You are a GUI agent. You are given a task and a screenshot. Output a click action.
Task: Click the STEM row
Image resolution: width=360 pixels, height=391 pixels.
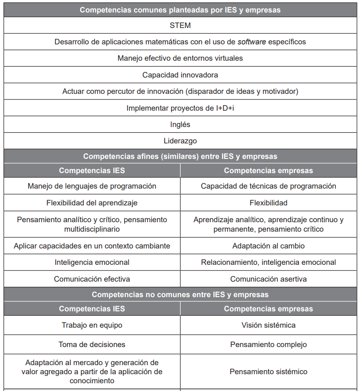pyautogui.click(x=180, y=25)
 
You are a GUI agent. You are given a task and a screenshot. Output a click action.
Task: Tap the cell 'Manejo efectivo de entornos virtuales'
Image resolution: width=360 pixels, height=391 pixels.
pyautogui.click(x=180, y=58)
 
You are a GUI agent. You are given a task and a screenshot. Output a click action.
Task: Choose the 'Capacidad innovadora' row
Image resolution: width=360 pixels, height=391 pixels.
pyautogui.click(x=180, y=75)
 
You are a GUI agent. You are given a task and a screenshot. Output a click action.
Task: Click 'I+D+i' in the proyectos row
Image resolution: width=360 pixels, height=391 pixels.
pyautogui.click(x=225, y=108)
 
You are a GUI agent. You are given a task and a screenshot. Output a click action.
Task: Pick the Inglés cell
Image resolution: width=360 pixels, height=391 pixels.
pyautogui.click(x=180, y=124)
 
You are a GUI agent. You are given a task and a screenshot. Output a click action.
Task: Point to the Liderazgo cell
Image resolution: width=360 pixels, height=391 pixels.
pyautogui.click(x=180, y=141)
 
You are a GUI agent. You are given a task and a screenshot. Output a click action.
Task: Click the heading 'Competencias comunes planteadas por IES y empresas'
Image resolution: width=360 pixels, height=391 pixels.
pyautogui.click(x=180, y=10)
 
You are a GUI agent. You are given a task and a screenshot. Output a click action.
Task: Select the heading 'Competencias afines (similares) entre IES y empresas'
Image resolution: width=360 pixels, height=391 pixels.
pyautogui.click(x=180, y=156)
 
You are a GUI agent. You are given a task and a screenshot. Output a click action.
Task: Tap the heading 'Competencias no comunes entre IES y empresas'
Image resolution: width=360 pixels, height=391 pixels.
pyautogui.click(x=180, y=295)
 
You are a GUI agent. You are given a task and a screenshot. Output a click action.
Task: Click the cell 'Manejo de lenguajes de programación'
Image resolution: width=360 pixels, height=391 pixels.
pyautogui.click(x=92, y=186)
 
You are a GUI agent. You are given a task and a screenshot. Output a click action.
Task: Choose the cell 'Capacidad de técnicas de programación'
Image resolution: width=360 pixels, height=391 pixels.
pyautogui.click(x=268, y=186)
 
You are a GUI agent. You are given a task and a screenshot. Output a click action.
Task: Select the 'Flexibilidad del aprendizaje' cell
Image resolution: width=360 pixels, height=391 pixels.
pyautogui.click(x=92, y=203)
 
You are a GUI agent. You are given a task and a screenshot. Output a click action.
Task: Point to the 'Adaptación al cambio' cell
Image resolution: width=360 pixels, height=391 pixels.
pyautogui.click(x=268, y=246)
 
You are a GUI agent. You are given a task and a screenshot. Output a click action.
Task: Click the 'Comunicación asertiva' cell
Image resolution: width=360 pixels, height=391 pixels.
pyautogui.click(x=268, y=279)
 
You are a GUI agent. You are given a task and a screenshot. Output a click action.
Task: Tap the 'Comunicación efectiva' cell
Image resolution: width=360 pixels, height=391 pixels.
pyautogui.click(x=92, y=279)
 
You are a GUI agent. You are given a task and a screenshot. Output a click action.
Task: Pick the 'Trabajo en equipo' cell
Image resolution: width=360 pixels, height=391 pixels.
pyautogui.click(x=92, y=325)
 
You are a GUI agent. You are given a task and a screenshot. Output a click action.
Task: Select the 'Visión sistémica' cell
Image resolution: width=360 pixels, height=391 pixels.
pyautogui.click(x=268, y=325)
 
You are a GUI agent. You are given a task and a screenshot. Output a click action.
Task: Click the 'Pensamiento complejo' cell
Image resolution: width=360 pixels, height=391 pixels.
pyautogui.click(x=268, y=344)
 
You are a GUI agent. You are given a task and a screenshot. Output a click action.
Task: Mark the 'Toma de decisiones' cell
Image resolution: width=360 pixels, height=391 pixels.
pyautogui.click(x=92, y=344)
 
